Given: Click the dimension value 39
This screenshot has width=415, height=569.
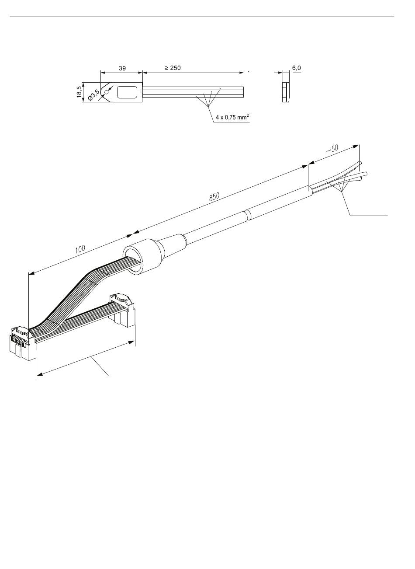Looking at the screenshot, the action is click(x=122, y=68).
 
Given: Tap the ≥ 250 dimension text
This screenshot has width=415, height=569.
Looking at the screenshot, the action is click(x=173, y=68).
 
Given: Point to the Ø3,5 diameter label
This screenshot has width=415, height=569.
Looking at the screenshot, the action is click(x=93, y=95).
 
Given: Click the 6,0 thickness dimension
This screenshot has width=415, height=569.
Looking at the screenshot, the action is click(x=296, y=68).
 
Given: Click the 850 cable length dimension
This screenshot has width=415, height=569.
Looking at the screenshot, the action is click(x=214, y=197).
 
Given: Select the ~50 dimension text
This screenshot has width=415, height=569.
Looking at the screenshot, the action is click(x=332, y=149).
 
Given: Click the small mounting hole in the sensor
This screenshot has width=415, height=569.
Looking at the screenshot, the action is click(x=106, y=92).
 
